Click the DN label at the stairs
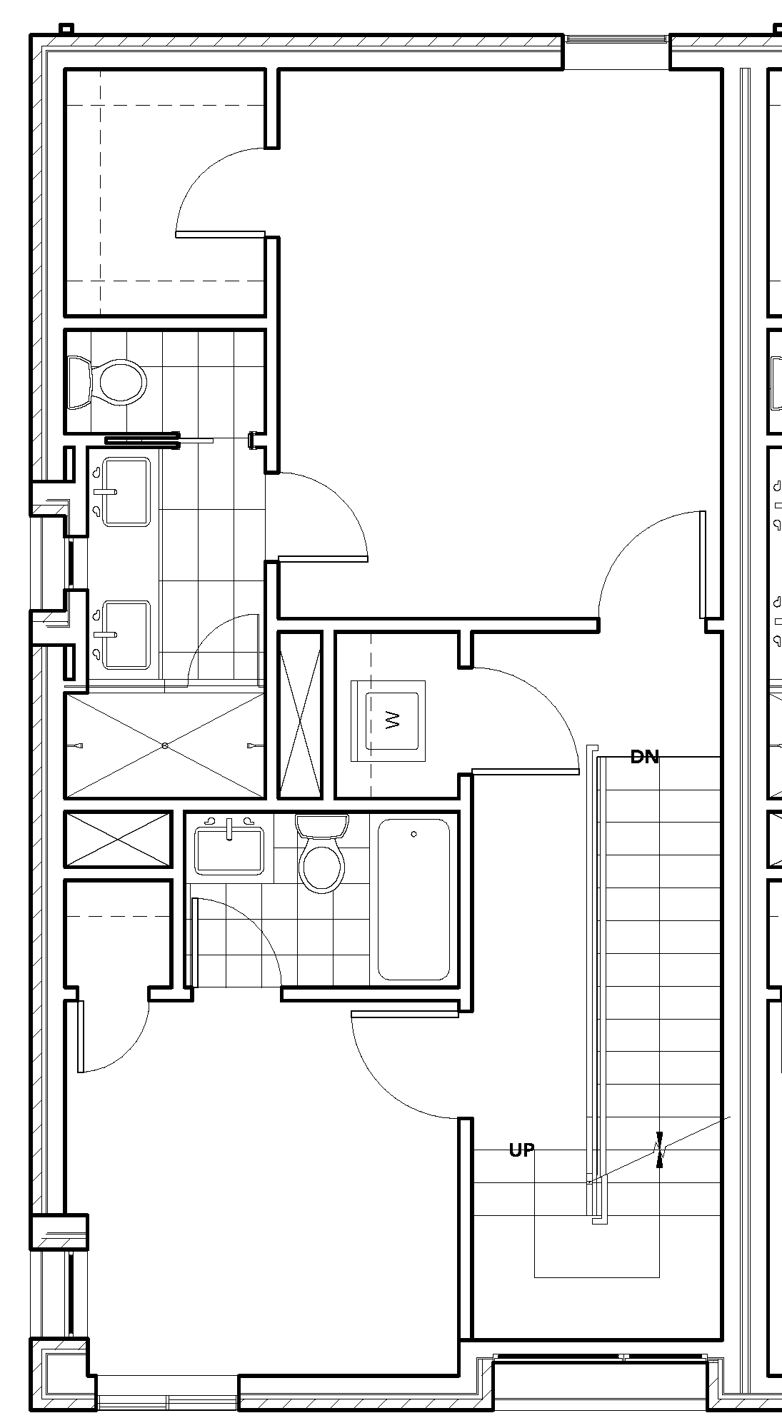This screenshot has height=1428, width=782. pyautogui.click(x=644, y=758)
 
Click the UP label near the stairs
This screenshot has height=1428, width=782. pyautogui.click(x=521, y=1150)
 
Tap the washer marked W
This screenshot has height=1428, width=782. pyautogui.click(x=391, y=720)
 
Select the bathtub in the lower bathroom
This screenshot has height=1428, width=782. pyautogui.click(x=413, y=899)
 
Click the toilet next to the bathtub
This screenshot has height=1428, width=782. pyautogui.click(x=322, y=857)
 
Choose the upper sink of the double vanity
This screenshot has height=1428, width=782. pyautogui.click(x=126, y=491)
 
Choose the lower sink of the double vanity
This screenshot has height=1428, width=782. pyautogui.click(x=126, y=634)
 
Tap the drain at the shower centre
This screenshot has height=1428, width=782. pyautogui.click(x=165, y=745)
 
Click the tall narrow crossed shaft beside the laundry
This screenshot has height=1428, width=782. pyautogui.click(x=300, y=715)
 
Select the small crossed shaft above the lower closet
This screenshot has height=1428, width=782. pyautogui.click(x=119, y=839)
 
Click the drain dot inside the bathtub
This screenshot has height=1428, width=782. pyautogui.click(x=414, y=834)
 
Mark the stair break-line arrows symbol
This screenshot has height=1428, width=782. pyautogui.click(x=660, y=1150)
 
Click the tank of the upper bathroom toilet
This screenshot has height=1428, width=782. pyautogui.click(x=78, y=383)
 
